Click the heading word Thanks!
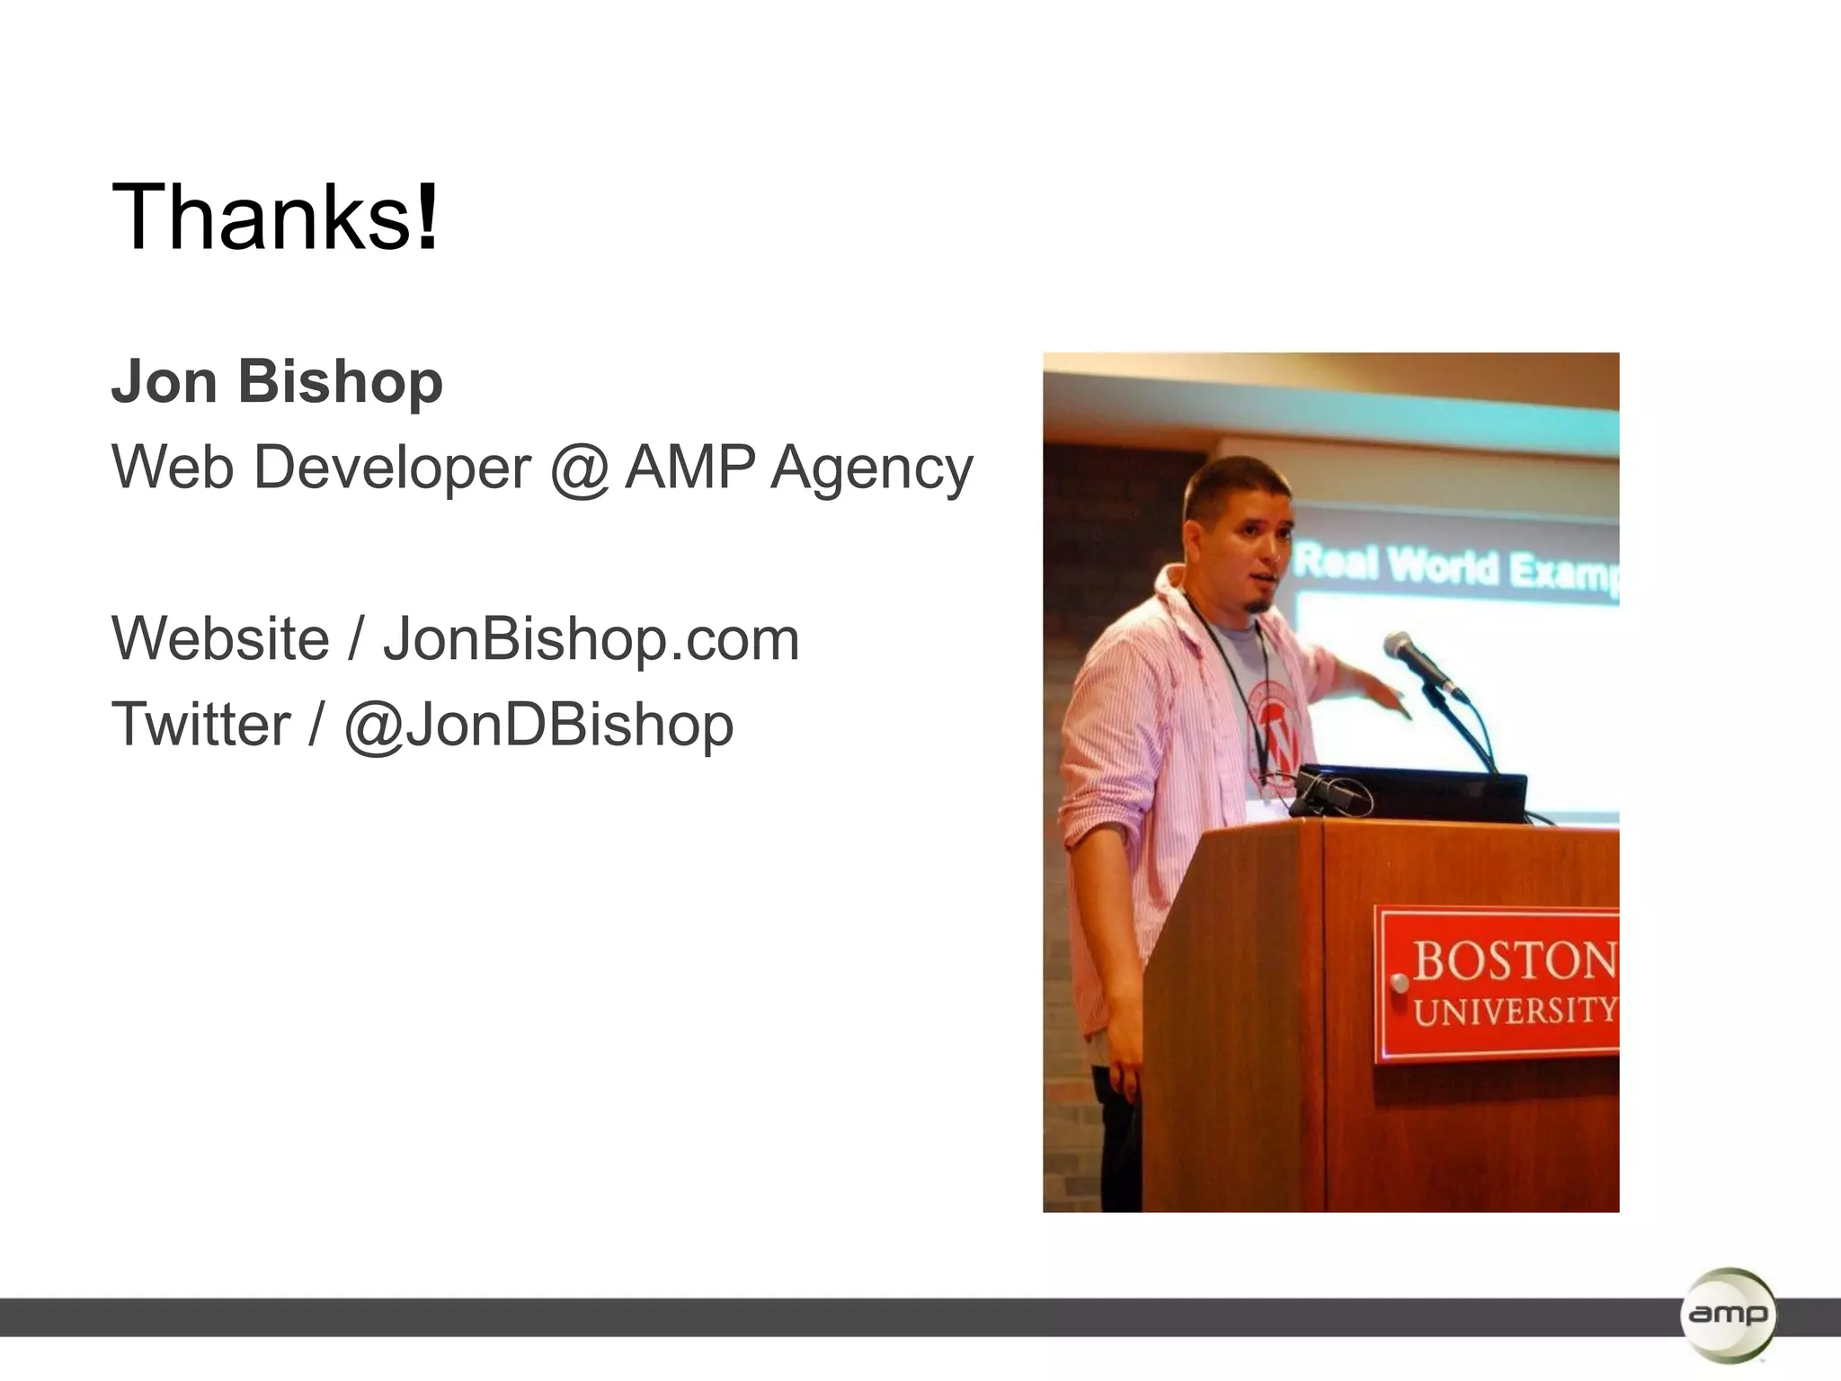coord(275,218)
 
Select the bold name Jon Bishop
coord(277,382)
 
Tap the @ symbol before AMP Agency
coord(578,468)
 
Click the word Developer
coord(392,468)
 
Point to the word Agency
coord(871,468)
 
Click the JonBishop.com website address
coord(591,639)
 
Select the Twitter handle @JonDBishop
coord(538,725)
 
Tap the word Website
coord(220,639)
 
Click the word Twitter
coord(200,725)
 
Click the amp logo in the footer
coord(1727,1314)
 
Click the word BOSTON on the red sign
coord(1515,960)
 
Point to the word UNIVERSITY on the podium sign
coord(1515,1011)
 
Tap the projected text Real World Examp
coord(1456,566)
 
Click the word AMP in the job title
coord(689,468)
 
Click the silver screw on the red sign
coord(1399,983)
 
